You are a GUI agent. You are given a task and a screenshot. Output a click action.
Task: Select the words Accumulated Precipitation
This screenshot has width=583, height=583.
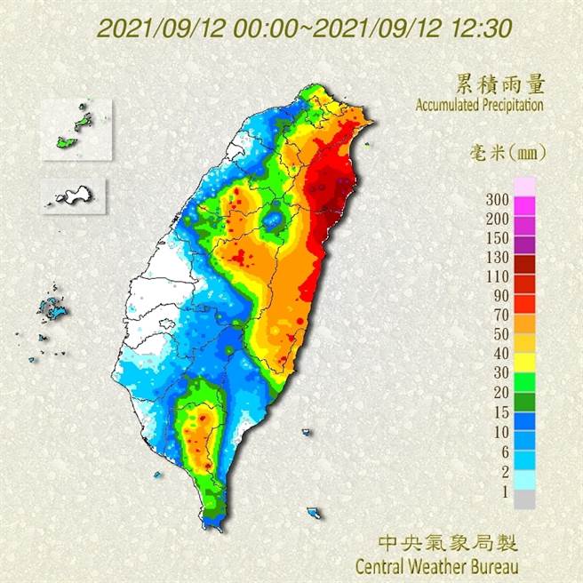[x=479, y=105]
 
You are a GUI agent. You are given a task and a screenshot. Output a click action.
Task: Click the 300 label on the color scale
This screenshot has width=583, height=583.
[x=498, y=197]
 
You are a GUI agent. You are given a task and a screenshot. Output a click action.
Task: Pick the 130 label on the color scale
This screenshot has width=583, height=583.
[x=498, y=259]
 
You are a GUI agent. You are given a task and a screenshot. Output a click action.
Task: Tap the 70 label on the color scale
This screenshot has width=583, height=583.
[x=500, y=315]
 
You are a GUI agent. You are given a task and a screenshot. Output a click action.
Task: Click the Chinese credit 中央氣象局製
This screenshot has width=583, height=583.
[x=447, y=542]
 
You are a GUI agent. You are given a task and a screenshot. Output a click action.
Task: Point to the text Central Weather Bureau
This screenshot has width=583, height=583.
[x=435, y=564]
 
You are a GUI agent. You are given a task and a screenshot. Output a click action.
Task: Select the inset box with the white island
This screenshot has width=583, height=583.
[x=73, y=194]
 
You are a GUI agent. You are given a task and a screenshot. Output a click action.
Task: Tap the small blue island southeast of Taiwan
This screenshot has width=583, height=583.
[x=314, y=513]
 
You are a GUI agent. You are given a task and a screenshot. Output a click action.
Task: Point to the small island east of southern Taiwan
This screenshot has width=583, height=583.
[x=306, y=433]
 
